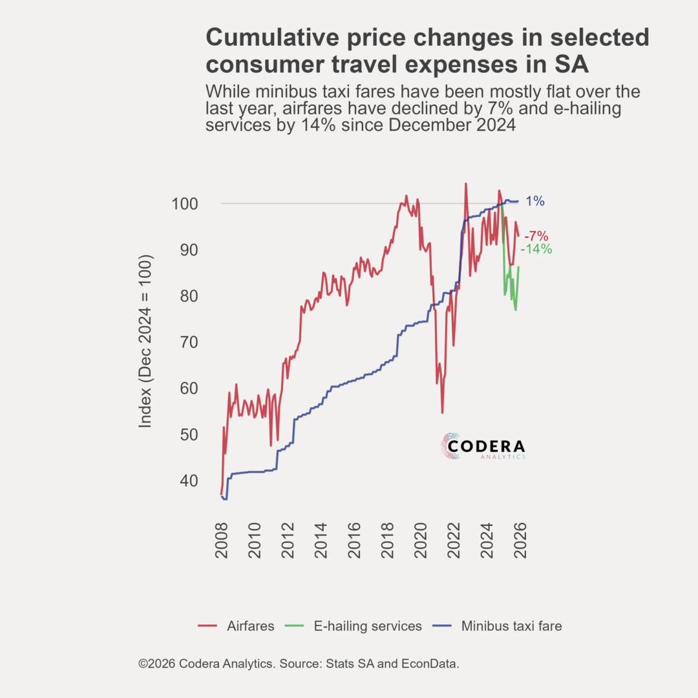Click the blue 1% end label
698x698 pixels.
(534, 201)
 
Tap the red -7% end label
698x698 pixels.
(536, 237)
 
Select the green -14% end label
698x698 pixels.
(536, 249)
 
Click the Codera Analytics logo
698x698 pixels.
(483, 447)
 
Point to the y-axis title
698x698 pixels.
(145, 341)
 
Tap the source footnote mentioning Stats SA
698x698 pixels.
(299, 664)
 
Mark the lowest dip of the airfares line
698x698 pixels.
(442, 412)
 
